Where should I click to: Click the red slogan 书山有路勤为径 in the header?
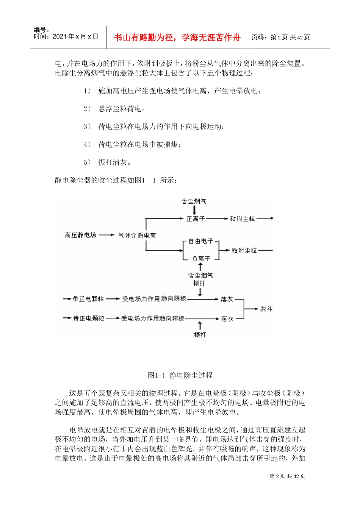tap(177, 37)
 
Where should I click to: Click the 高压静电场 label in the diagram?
tap(80, 235)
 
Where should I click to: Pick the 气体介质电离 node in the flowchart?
tap(137, 236)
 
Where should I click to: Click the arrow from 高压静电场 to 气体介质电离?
tap(107, 235)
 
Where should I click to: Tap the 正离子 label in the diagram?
tap(196, 219)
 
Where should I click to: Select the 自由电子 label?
tap(201, 241)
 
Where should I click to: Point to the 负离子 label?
tap(201, 259)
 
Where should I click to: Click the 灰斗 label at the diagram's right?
tap(266, 309)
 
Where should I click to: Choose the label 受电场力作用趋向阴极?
tap(154, 299)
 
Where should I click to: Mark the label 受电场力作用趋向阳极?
tap(153, 319)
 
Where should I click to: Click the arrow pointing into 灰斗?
tap(252, 309)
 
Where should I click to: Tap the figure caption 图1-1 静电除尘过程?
tap(180, 375)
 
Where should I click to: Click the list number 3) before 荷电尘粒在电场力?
tap(87, 126)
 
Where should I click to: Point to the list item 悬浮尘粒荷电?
tap(121, 109)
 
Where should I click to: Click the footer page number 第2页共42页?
tap(287, 476)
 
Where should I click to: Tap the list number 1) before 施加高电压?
tap(87, 91)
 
